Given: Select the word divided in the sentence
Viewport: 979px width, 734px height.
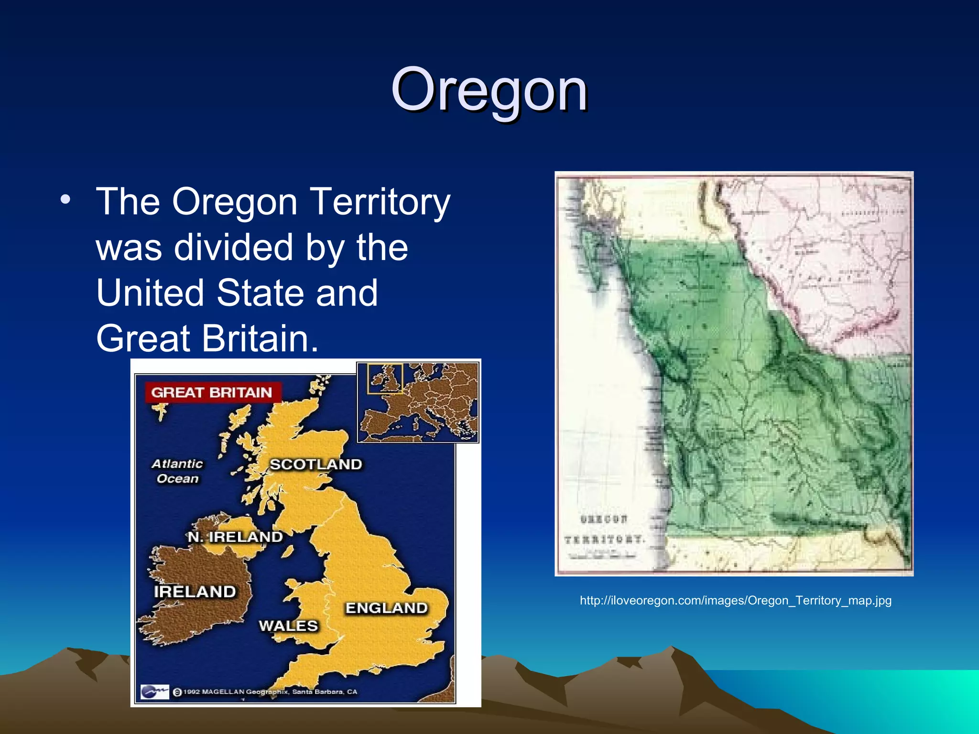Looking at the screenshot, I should [x=233, y=248].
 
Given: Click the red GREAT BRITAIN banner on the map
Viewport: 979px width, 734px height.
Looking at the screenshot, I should [x=212, y=393].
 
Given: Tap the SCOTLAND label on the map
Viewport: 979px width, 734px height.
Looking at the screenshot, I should [x=315, y=464].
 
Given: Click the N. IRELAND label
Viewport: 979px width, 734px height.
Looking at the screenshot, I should [x=235, y=537].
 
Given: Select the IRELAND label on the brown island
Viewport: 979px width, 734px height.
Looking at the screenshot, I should [x=195, y=592].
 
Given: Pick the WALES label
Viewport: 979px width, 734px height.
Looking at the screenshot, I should [x=288, y=626].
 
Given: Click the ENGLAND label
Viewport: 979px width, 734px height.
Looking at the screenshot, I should [x=386, y=608].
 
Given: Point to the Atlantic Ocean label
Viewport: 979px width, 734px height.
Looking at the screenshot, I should [x=177, y=471].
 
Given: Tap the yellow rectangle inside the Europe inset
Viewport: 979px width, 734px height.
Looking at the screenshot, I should [x=385, y=378].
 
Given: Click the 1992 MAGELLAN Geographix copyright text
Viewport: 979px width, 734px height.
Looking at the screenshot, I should [x=270, y=691].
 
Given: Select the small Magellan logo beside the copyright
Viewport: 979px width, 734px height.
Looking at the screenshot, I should [x=155, y=691].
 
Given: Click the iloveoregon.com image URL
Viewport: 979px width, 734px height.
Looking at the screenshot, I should [x=735, y=600].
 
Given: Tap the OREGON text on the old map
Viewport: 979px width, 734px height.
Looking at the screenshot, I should [x=604, y=519].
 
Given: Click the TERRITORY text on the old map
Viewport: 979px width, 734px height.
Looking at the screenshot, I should [x=605, y=540].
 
